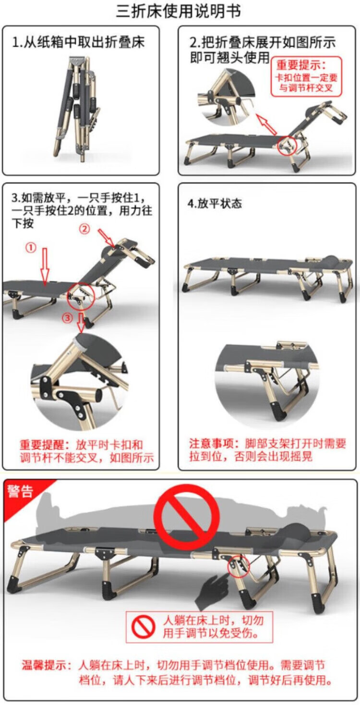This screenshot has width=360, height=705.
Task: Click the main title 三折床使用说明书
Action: [179, 12]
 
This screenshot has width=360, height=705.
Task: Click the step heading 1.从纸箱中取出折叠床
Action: [78, 42]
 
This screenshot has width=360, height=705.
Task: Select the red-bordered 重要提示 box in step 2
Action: [306, 76]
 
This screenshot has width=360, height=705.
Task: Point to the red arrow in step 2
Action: [266, 124]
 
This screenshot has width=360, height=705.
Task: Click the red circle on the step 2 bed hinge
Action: [288, 146]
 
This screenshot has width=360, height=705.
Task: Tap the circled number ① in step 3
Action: [31, 248]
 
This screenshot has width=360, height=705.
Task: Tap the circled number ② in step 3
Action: [84, 229]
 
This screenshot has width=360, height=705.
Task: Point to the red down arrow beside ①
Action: [45, 266]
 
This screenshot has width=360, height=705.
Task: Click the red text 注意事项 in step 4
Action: [211, 443]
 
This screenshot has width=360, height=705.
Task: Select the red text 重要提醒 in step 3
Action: [42, 445]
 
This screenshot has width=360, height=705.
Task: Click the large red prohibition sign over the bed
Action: [186, 517]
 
